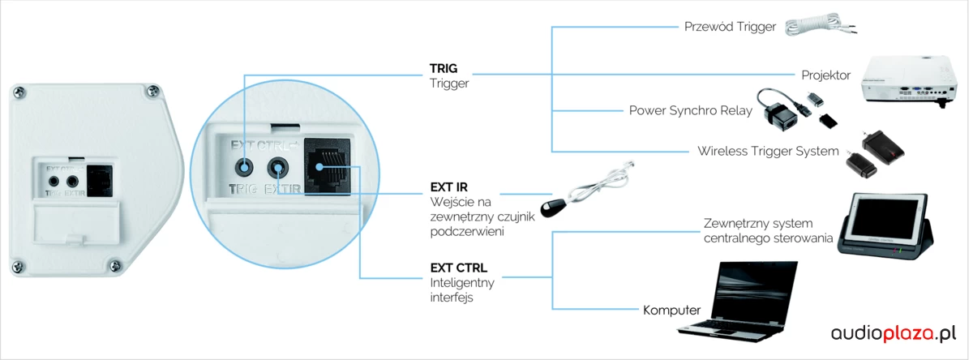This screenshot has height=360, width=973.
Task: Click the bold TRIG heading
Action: (444, 68)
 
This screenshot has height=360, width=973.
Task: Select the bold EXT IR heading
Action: (449, 187)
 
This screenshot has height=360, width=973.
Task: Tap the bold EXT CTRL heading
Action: (459, 266)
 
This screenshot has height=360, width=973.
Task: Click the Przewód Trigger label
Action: (731, 27)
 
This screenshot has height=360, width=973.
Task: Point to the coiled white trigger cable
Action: (815, 27)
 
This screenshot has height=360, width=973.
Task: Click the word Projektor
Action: (825, 75)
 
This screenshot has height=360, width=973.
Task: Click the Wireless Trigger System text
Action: (768, 151)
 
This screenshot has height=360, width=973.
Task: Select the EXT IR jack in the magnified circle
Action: (278, 168)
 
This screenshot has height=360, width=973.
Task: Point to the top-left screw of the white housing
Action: (20, 94)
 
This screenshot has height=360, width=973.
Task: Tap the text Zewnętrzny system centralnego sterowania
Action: (768, 230)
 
